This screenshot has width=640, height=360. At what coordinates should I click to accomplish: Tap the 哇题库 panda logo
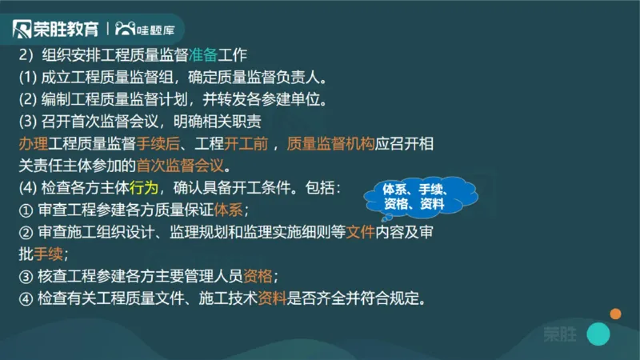(150, 30)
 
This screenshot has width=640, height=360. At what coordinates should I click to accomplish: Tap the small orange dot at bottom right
(615, 313)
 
